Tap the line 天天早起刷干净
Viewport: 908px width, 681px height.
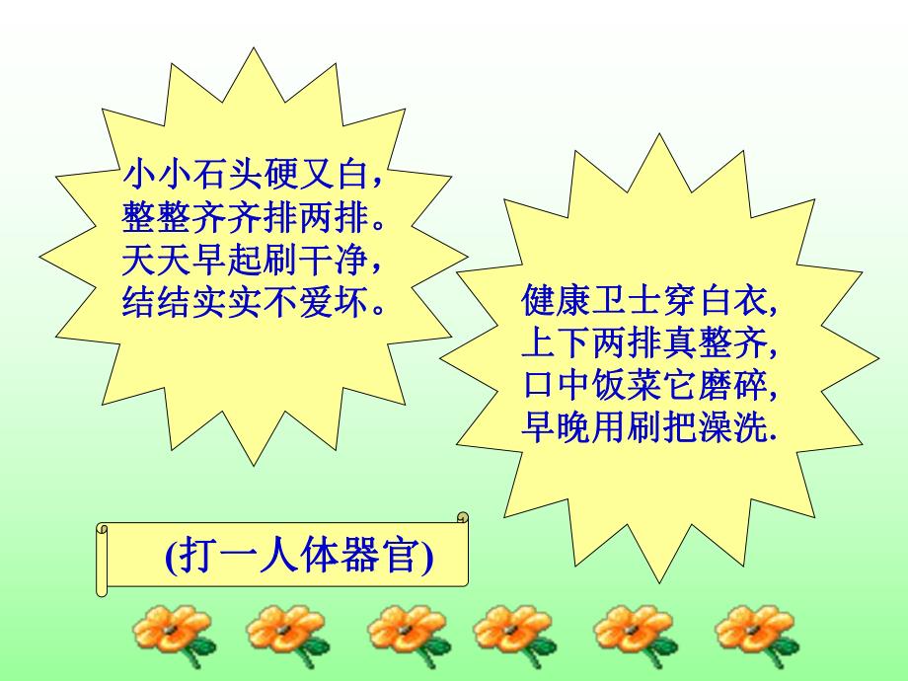(x=253, y=261)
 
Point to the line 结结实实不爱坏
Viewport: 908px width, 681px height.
(x=253, y=302)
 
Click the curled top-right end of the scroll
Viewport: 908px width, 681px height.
(x=460, y=517)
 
